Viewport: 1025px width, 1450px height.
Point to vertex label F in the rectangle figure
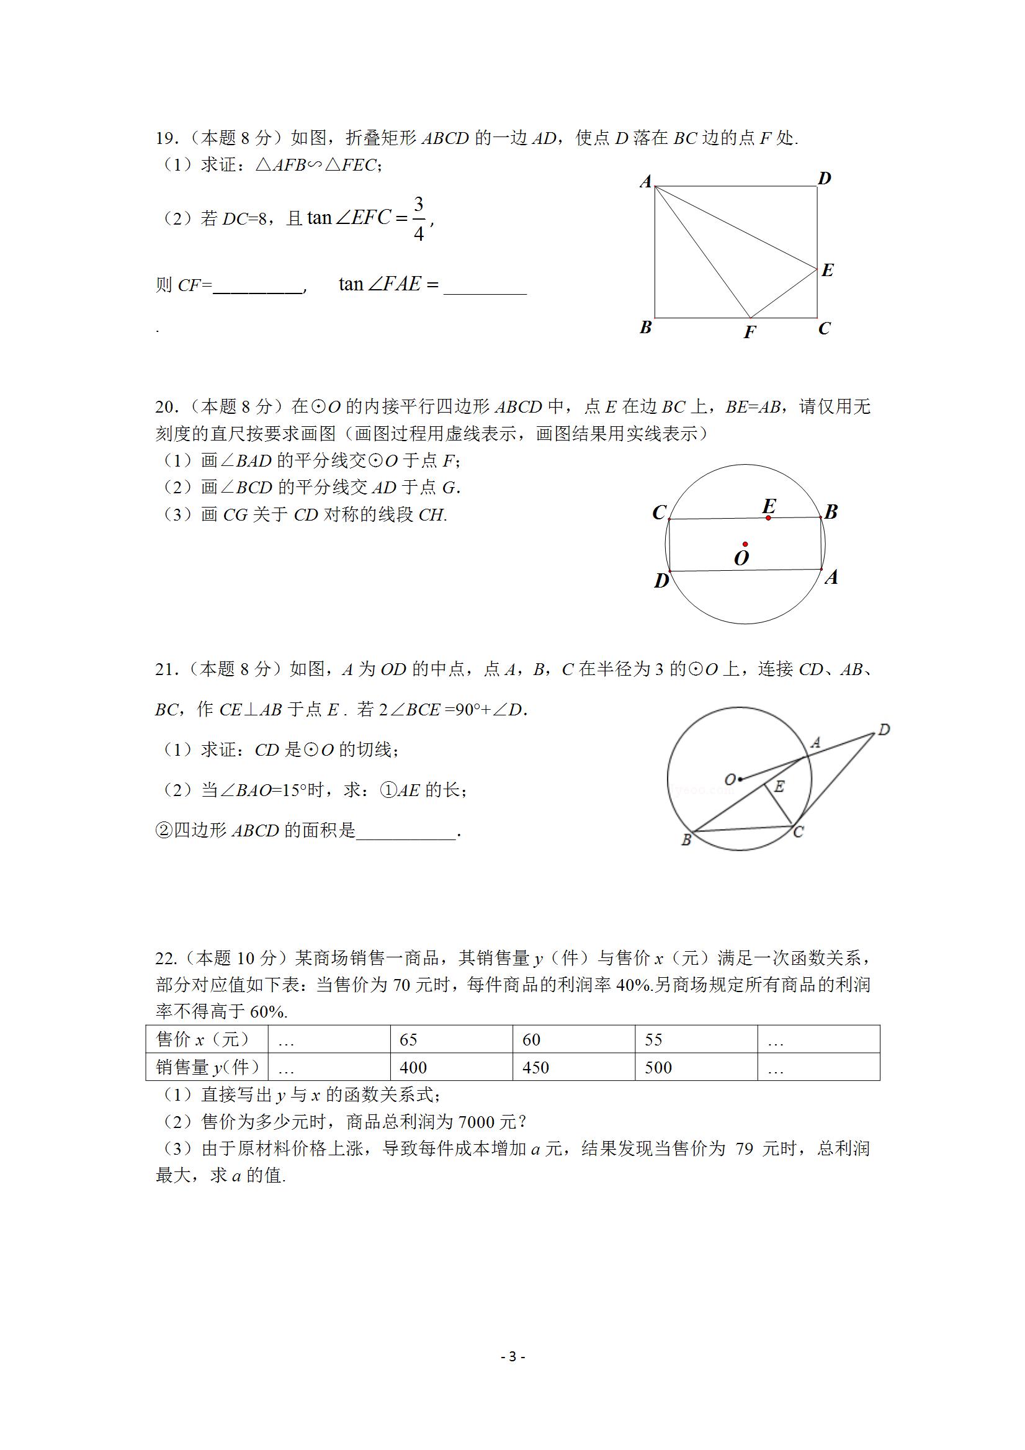pyautogui.click(x=750, y=332)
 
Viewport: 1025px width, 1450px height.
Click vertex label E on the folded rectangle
pyautogui.click(x=827, y=271)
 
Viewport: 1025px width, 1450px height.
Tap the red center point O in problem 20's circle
pyautogui.click(x=745, y=544)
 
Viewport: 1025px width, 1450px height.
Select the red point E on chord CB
pyautogui.click(x=768, y=518)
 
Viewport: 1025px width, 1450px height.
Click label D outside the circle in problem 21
pyautogui.click(x=884, y=730)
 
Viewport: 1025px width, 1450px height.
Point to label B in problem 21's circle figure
pyautogui.click(x=686, y=841)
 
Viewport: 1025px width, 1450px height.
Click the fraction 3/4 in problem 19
pyautogui.click(x=418, y=218)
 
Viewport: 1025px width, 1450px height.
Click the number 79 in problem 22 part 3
pyautogui.click(x=745, y=1148)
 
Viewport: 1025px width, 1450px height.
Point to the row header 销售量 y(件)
pyautogui.click(x=207, y=1067)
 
